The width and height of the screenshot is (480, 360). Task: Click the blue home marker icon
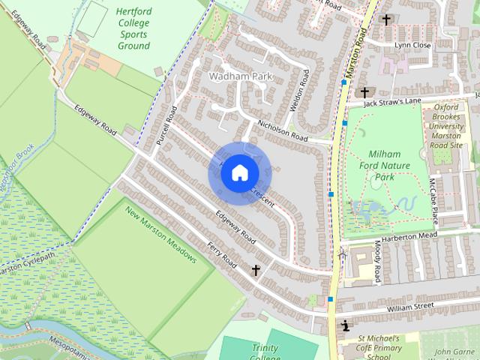pos(238,173)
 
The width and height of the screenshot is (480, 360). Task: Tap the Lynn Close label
pos(413,45)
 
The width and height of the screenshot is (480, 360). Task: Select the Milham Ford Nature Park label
pos(385,166)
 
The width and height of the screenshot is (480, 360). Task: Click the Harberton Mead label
pos(408,235)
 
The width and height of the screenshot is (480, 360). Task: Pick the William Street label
pos(411,306)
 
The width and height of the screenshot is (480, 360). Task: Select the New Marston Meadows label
pos(160,235)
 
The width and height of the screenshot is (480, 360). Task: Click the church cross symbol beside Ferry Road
pos(256,269)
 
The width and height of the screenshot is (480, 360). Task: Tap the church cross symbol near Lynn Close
pos(386,19)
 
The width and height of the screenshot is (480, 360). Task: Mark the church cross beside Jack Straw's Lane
pos(365,93)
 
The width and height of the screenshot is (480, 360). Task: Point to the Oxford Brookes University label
pos(457,126)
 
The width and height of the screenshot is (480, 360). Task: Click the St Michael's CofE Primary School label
pos(379,347)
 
